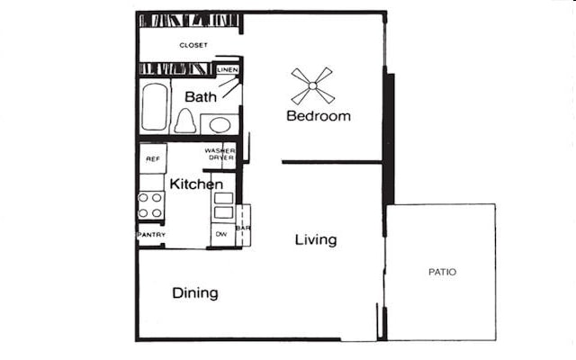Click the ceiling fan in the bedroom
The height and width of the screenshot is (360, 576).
point(312,86)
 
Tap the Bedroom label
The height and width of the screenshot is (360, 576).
point(319,116)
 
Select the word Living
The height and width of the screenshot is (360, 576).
point(316,239)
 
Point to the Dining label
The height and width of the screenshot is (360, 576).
point(195,293)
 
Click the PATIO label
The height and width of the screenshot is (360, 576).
point(441,272)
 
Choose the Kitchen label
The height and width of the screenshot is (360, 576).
point(196,184)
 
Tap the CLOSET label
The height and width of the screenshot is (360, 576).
point(193,45)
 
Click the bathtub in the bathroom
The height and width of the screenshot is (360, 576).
point(155,107)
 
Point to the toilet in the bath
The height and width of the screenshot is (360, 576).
point(185,121)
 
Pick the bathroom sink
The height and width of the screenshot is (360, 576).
point(219,123)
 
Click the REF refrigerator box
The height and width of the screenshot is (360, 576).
point(152,158)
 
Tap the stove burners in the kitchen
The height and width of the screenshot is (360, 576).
point(151,205)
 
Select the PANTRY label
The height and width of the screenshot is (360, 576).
point(150,235)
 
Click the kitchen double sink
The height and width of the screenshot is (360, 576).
point(222,205)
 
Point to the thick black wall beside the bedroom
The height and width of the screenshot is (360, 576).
point(389,139)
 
